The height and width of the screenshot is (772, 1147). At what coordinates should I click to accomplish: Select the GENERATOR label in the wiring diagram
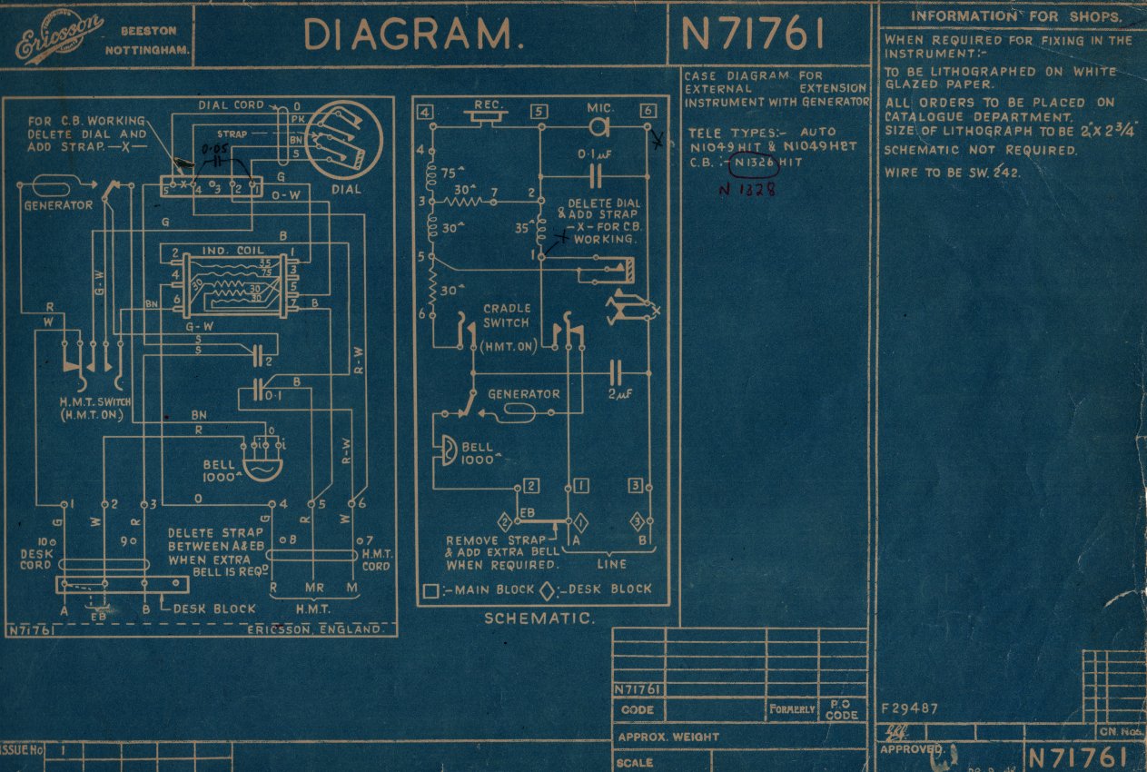click(x=58, y=205)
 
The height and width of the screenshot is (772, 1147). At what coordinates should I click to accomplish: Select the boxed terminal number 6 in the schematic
click(x=647, y=112)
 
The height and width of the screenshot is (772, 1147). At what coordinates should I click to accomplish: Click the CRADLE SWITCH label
click(x=506, y=315)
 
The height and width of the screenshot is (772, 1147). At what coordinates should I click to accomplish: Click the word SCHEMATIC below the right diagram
click(x=539, y=619)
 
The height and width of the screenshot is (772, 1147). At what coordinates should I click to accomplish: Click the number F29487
click(x=910, y=708)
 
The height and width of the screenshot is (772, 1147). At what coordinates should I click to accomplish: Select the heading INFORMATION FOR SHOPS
click(x=1015, y=16)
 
